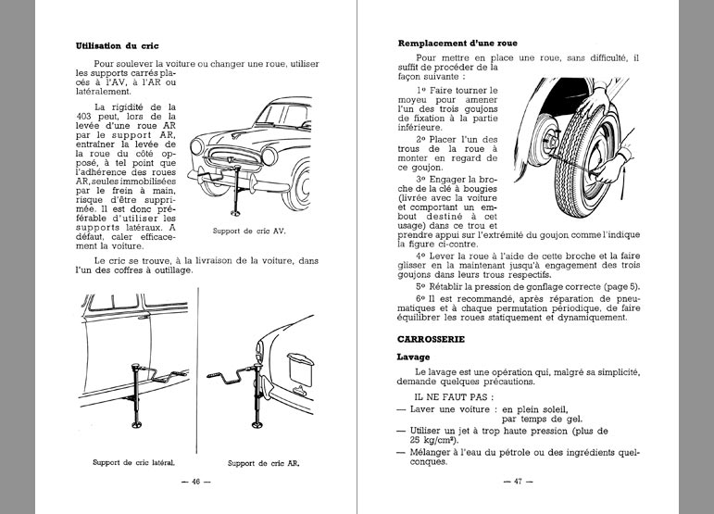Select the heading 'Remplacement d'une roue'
coord(457,44)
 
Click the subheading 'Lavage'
coord(413,356)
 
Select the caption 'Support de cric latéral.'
coord(134,461)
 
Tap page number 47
coord(512,482)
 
